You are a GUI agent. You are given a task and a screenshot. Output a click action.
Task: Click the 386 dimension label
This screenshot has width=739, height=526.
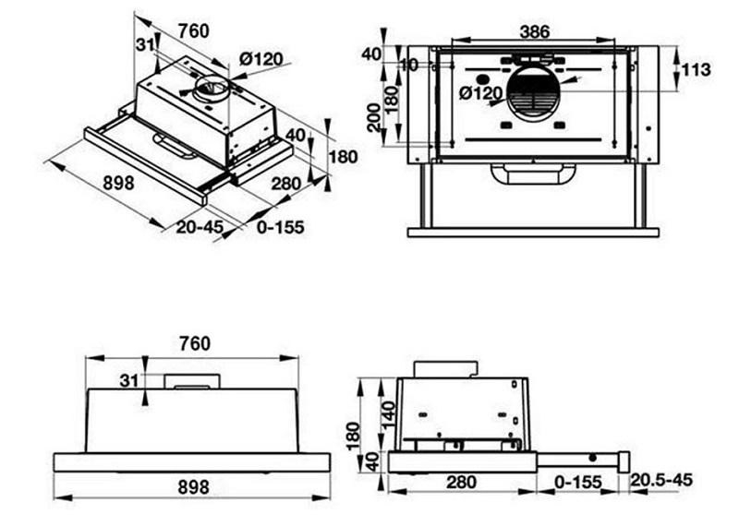coord(534,31)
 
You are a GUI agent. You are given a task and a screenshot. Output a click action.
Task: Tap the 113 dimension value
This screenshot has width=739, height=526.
coord(698,70)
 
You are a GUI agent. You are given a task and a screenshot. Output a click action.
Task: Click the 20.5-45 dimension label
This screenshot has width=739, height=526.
coord(660,480)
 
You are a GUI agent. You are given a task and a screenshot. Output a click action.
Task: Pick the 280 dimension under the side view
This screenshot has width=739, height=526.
coord(462,481)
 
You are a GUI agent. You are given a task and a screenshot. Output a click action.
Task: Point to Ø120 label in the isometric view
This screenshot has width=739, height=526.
coord(260,59)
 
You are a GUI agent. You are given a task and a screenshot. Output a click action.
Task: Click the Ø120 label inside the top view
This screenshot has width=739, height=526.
coord(480,92)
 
